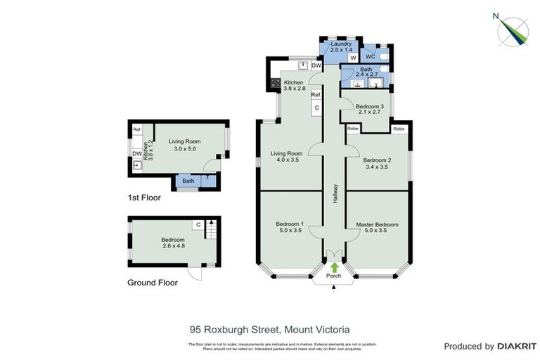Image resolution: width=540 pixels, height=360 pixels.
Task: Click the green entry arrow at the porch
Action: pyautogui.click(x=334, y=267)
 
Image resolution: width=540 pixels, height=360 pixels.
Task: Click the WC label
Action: pyautogui.click(x=368, y=55)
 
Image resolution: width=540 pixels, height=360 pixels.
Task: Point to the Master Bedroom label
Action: pyautogui.click(x=377, y=224)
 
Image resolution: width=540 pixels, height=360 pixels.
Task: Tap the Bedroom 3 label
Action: pyautogui.click(x=369, y=107)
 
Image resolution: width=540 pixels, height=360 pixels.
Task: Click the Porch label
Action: pyautogui.click(x=334, y=276)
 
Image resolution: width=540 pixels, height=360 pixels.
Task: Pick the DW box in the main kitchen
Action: pyautogui.click(x=316, y=66)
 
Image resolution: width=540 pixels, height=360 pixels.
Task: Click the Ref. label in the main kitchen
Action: pyautogui.click(x=316, y=94)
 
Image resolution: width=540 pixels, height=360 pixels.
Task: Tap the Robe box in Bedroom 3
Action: pyautogui.click(x=353, y=129)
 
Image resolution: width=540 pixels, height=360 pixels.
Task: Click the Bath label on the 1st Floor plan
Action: pyautogui.click(x=188, y=181)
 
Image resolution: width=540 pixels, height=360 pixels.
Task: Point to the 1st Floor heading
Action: pyautogui.click(x=143, y=198)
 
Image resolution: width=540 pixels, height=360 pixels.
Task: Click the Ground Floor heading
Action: pyautogui.click(x=152, y=283)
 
